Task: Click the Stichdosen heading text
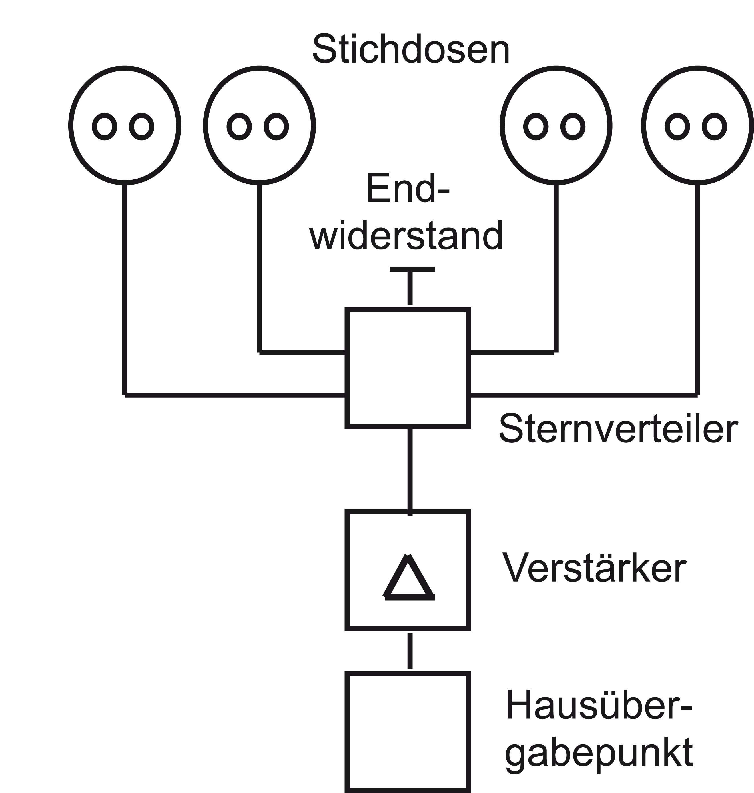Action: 411,50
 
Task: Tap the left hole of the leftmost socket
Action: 105,127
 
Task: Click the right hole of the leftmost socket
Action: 141,127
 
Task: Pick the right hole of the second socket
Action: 276,127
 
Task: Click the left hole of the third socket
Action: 536,127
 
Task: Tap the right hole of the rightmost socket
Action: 714,127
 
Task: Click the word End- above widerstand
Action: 408,189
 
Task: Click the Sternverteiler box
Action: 408,368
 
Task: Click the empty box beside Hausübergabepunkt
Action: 408,732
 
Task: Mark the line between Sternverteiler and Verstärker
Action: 410,470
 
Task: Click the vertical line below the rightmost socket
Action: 697,289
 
